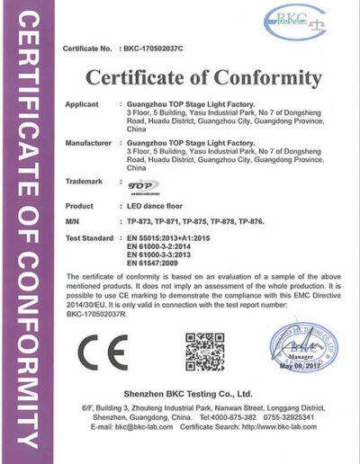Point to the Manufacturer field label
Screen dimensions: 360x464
click(x=88, y=143)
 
